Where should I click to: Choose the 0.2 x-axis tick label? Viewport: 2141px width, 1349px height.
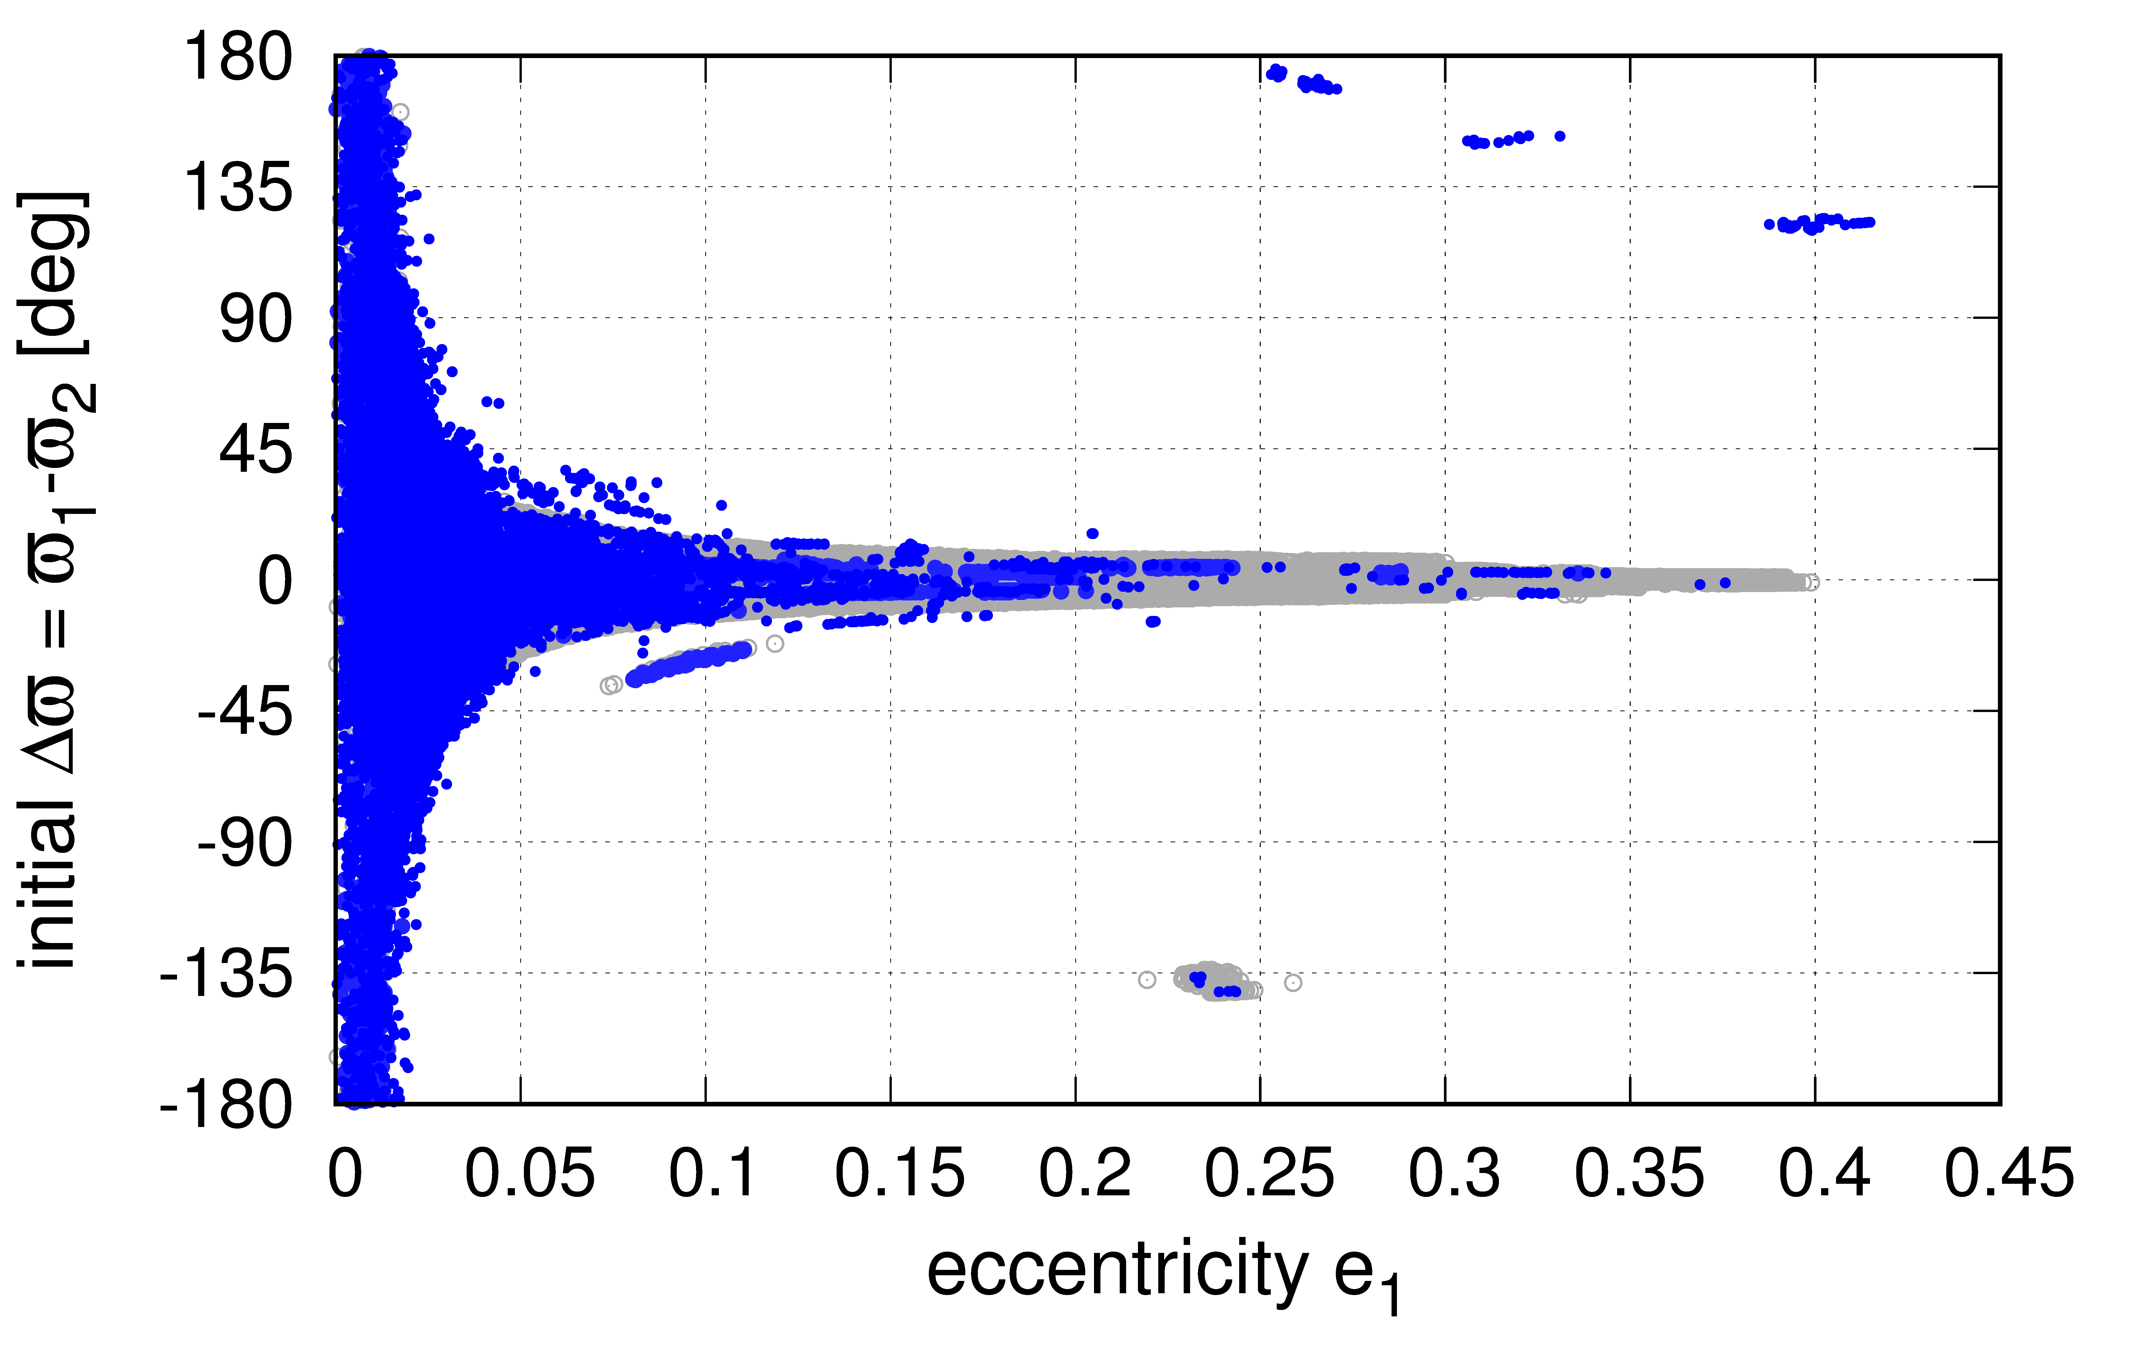1085,1174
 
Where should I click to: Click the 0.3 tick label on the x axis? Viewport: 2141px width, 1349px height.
1454,1174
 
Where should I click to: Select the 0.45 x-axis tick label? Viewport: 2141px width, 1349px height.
2009,1174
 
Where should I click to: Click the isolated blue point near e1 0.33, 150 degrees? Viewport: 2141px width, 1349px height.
1560,136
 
